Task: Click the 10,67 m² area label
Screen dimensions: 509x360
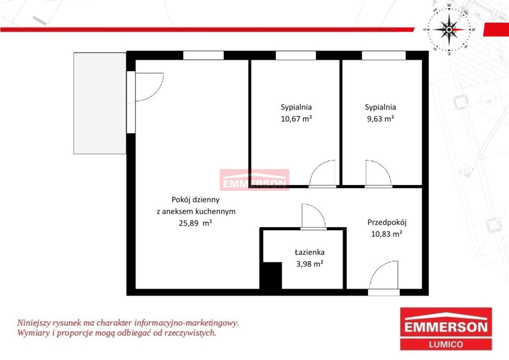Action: [x=296, y=118]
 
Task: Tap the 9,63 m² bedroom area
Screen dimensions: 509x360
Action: [x=380, y=118]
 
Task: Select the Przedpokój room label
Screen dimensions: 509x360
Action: [x=387, y=222]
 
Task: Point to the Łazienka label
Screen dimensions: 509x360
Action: [x=309, y=252]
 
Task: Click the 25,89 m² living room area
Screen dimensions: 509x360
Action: [x=195, y=223]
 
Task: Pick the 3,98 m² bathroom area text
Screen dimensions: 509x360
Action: [x=309, y=264]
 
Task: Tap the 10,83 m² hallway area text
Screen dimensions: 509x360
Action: [x=387, y=234]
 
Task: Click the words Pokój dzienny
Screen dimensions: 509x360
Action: [x=195, y=199]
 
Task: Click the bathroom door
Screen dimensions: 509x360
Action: [x=314, y=216]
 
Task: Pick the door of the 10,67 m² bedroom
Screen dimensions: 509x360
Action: [x=322, y=174]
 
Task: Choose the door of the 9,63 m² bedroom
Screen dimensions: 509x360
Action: [x=378, y=174]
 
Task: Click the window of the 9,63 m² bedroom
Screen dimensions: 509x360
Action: [x=384, y=56]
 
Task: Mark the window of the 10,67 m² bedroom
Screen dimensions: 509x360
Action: [x=296, y=56]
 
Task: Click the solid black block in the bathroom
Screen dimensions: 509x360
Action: [x=271, y=275]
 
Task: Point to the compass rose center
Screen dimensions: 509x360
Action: [x=449, y=29]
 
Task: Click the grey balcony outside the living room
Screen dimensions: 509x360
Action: [x=100, y=103]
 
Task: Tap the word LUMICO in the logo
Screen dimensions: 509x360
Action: [x=446, y=344]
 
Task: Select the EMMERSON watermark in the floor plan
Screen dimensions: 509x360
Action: [x=254, y=180]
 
